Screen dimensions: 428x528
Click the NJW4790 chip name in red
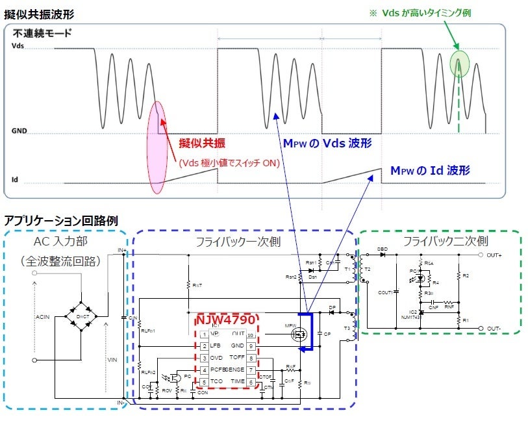click(225, 321)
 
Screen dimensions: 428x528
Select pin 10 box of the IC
click(250, 334)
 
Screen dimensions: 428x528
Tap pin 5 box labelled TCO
click(204, 382)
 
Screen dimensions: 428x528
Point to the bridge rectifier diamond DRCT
click(80, 315)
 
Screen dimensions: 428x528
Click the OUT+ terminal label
click(497, 255)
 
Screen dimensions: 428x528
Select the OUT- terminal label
click(497, 329)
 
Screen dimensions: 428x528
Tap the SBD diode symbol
click(384, 255)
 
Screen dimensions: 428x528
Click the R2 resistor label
click(466, 276)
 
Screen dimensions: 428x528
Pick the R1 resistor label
click(466, 320)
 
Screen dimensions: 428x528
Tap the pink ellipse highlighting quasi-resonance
click(158, 147)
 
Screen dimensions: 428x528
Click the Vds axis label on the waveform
click(17, 46)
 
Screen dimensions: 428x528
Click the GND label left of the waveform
click(19, 131)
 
